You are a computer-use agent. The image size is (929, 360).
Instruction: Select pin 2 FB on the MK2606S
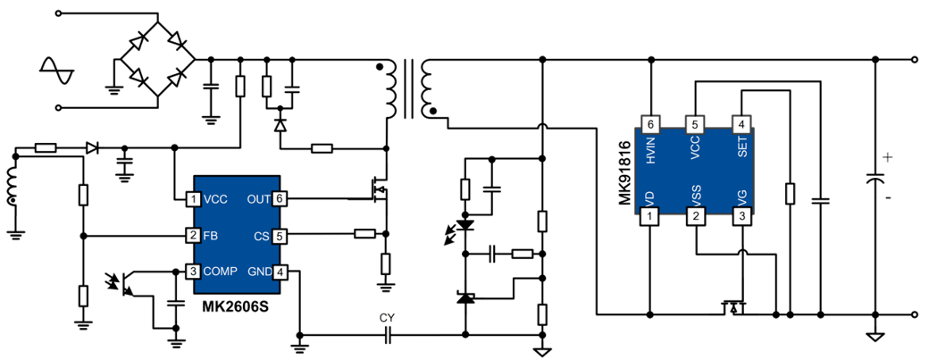pyautogui.click(x=192, y=236)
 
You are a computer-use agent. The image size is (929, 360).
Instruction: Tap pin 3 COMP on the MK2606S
pyautogui.click(x=192, y=272)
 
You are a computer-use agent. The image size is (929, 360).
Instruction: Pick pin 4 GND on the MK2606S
pyautogui.click(x=280, y=272)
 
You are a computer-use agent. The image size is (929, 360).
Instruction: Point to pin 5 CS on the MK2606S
pyautogui.click(x=280, y=236)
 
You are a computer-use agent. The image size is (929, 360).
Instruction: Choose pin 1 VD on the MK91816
pyautogui.click(x=651, y=215)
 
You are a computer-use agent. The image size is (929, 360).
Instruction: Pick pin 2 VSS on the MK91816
pyautogui.click(x=696, y=215)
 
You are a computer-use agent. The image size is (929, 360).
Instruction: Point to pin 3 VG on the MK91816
pyautogui.click(x=741, y=215)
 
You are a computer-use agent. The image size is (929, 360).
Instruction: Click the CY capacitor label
pyautogui.click(x=387, y=318)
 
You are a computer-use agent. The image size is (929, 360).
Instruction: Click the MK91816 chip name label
pyautogui.click(x=625, y=172)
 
